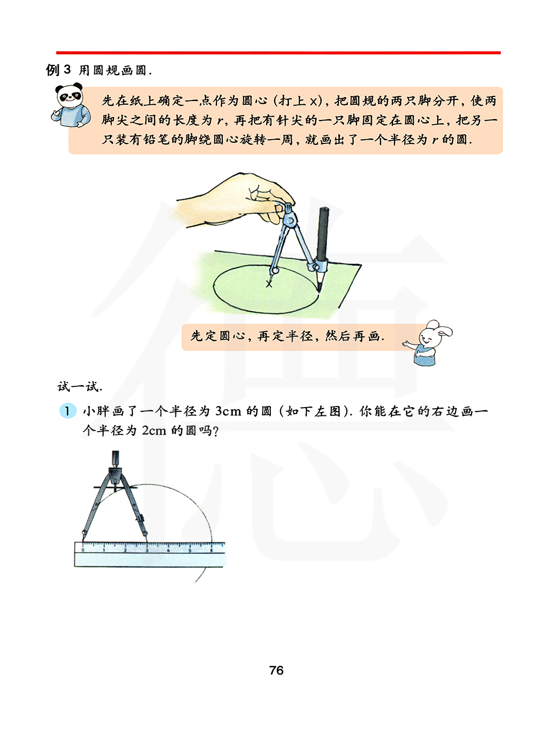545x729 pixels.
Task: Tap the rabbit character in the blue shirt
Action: (x=428, y=343)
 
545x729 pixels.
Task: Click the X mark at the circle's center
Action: (x=269, y=284)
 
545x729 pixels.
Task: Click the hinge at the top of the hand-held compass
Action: (x=290, y=220)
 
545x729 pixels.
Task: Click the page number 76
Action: (x=276, y=670)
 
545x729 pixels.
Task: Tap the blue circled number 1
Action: (x=68, y=411)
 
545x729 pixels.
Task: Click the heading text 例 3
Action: (x=58, y=70)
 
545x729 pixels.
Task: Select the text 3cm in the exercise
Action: (x=228, y=411)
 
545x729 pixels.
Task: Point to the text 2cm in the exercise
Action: (x=154, y=431)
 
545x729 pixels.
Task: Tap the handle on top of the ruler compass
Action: (x=116, y=459)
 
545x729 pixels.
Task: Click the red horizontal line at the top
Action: (x=278, y=52)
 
